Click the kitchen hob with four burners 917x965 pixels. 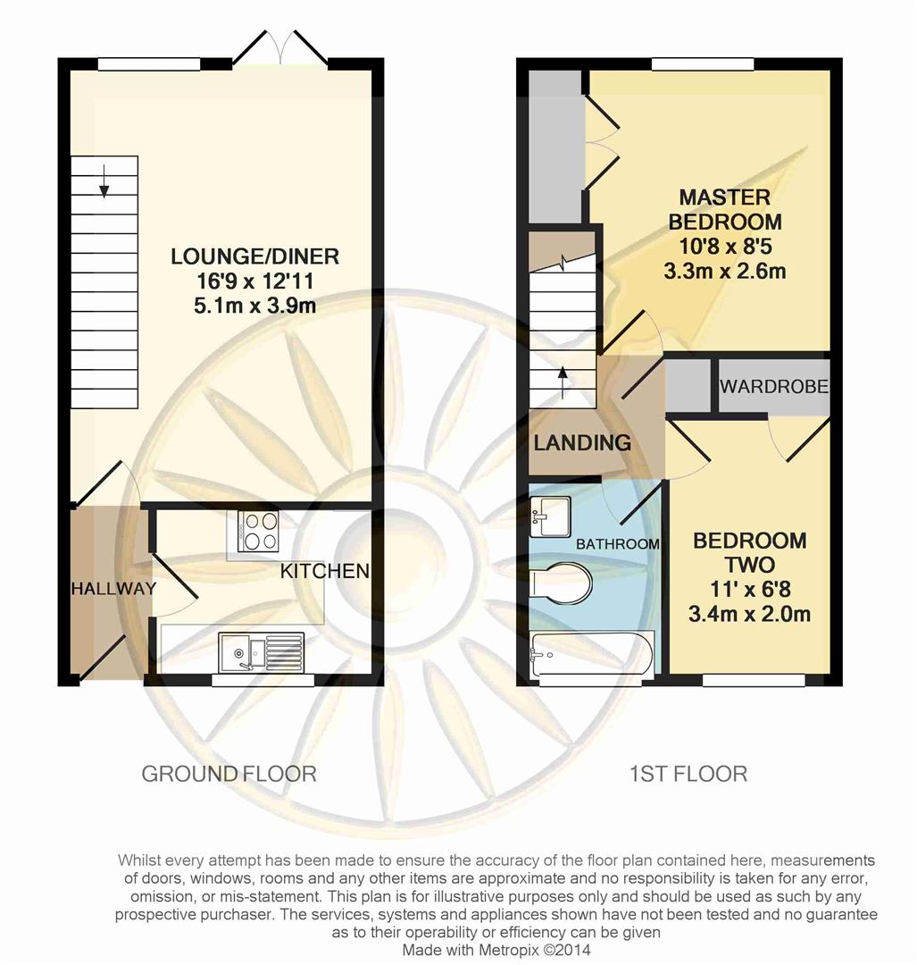[258, 531]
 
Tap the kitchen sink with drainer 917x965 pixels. [262, 652]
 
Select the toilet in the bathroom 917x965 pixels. [560, 582]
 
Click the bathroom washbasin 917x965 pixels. [550, 517]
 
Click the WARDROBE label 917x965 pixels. [774, 387]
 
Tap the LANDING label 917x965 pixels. [582, 442]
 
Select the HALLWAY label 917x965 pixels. [113, 588]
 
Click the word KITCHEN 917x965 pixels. [325, 571]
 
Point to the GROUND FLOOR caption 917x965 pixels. [229, 774]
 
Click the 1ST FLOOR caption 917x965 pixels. [688, 774]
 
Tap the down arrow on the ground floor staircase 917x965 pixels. [104, 180]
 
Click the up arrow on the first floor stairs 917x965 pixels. [563, 382]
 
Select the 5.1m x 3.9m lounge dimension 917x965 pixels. [254, 306]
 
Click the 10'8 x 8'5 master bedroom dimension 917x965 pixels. [725, 247]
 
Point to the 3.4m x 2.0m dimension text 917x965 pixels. [749, 614]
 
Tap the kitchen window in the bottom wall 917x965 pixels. [263, 680]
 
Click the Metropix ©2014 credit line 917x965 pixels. [496, 950]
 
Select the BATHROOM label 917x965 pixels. [618, 544]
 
